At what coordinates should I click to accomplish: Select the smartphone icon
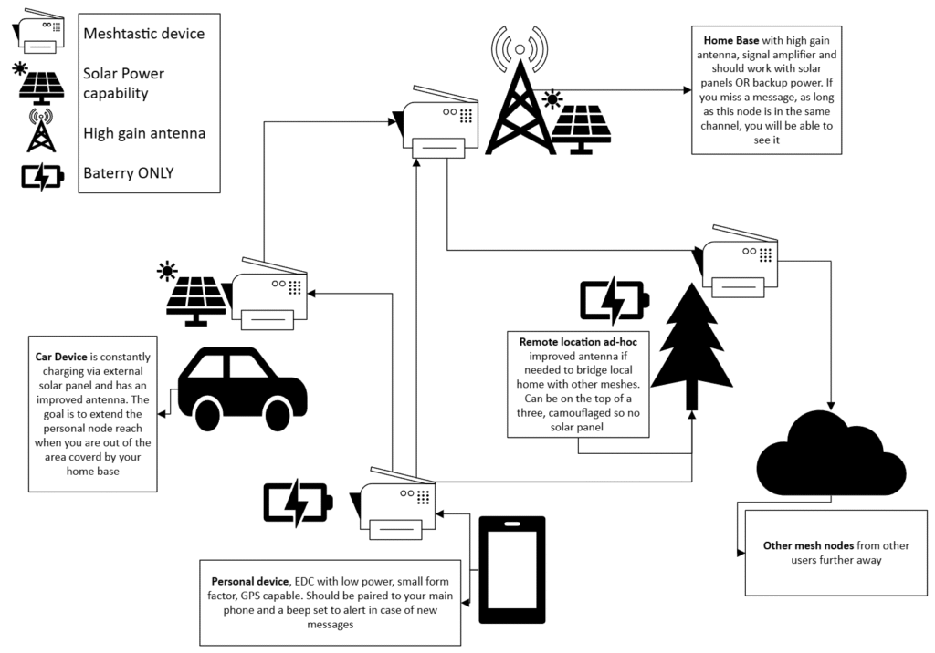pos(512,570)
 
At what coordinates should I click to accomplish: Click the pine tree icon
pos(692,347)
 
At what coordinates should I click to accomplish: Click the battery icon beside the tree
pos(615,300)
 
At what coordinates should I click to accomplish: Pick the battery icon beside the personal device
pos(298,503)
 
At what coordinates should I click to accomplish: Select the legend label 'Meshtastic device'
pos(143,34)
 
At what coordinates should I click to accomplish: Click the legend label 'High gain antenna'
pos(143,133)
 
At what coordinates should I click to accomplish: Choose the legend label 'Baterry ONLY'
pos(127,172)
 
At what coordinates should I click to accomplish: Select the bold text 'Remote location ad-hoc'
pos(577,341)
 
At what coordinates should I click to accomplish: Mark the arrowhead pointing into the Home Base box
pos(687,89)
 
